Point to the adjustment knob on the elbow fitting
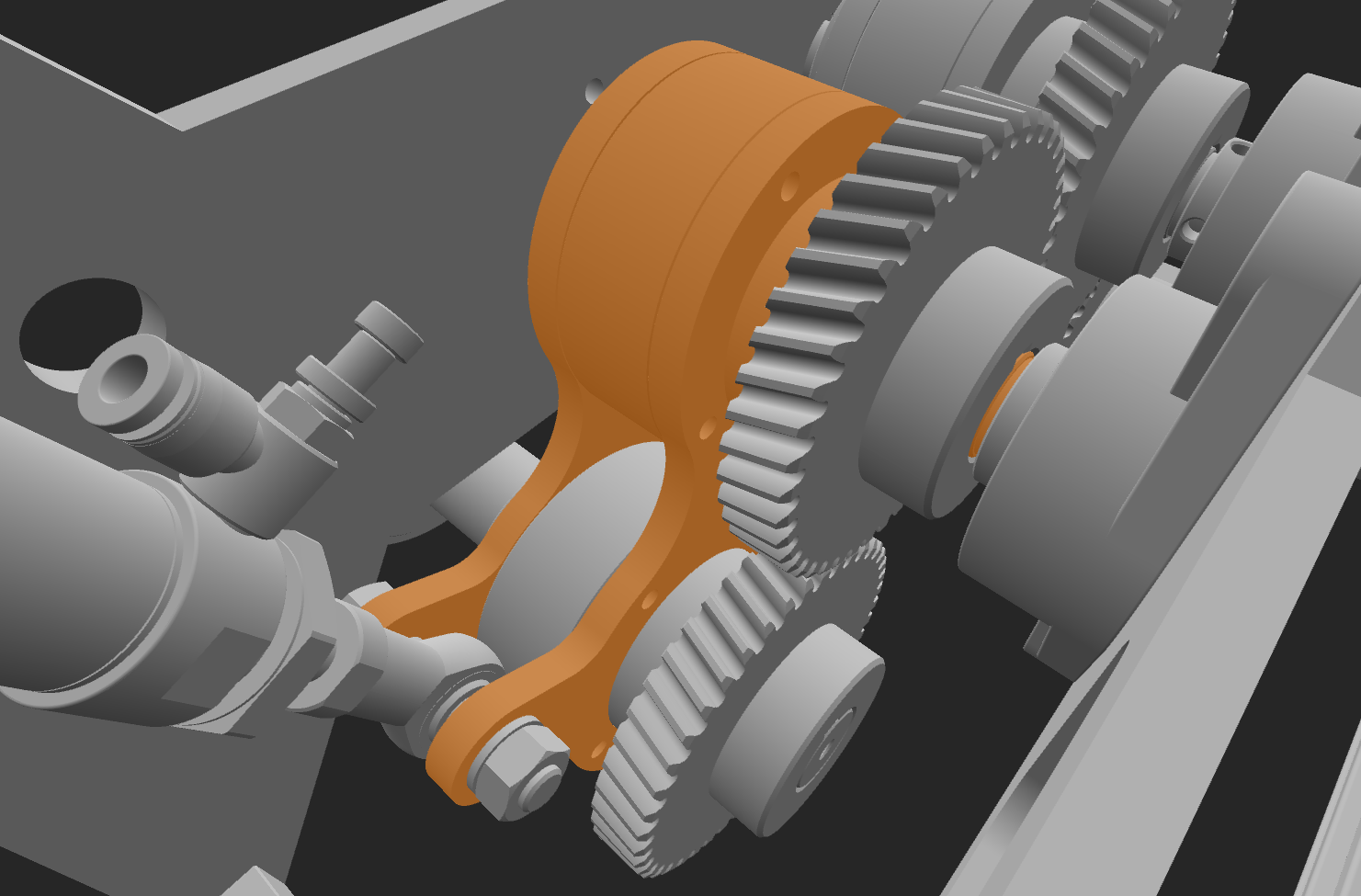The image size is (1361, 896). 387,330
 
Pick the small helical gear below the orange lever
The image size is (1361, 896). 662,735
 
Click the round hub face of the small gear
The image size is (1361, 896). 809,735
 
